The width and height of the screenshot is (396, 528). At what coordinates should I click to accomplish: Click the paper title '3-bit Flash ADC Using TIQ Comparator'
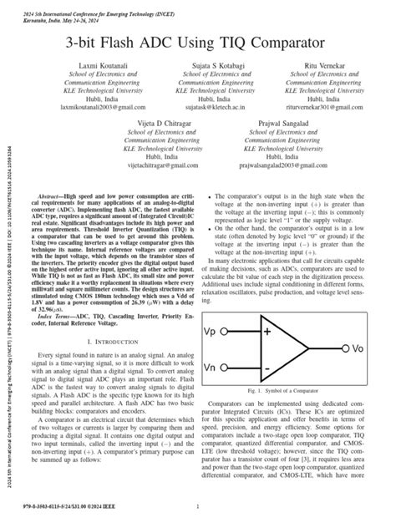pyautogui.click(x=198, y=41)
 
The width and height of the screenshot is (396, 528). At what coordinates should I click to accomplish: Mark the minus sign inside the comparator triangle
pyautogui.click(x=266, y=366)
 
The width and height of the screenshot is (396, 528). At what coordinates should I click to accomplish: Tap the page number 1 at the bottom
pyautogui.click(x=197, y=506)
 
